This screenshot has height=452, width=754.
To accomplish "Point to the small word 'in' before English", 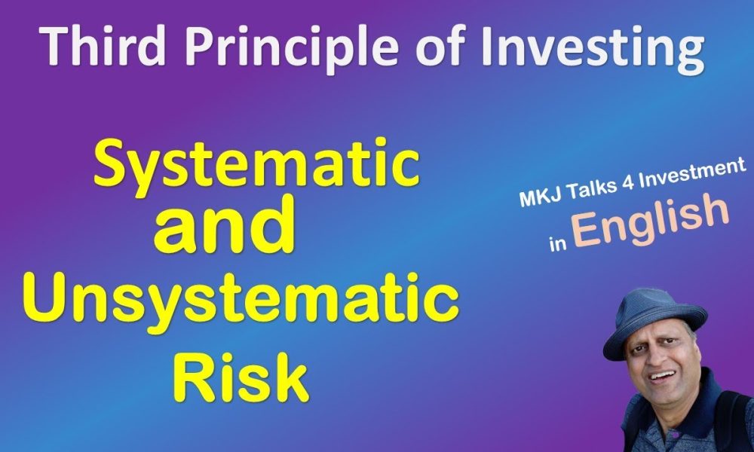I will click(x=556, y=244).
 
